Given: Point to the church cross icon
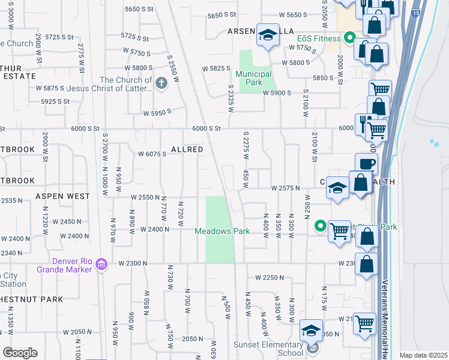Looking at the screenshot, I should coord(161,83).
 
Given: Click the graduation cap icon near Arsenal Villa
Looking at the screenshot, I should coord(267,35).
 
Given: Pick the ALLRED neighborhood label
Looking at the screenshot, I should coord(187,149).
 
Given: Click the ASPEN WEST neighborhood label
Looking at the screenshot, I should coord(62,196).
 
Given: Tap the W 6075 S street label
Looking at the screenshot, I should coord(152,154).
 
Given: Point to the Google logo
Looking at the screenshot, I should coord(20,353).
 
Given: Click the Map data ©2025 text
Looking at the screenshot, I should coord(423,355).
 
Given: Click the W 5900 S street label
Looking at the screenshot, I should coord(277,93).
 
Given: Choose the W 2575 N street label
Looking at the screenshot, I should coord(285,188).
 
